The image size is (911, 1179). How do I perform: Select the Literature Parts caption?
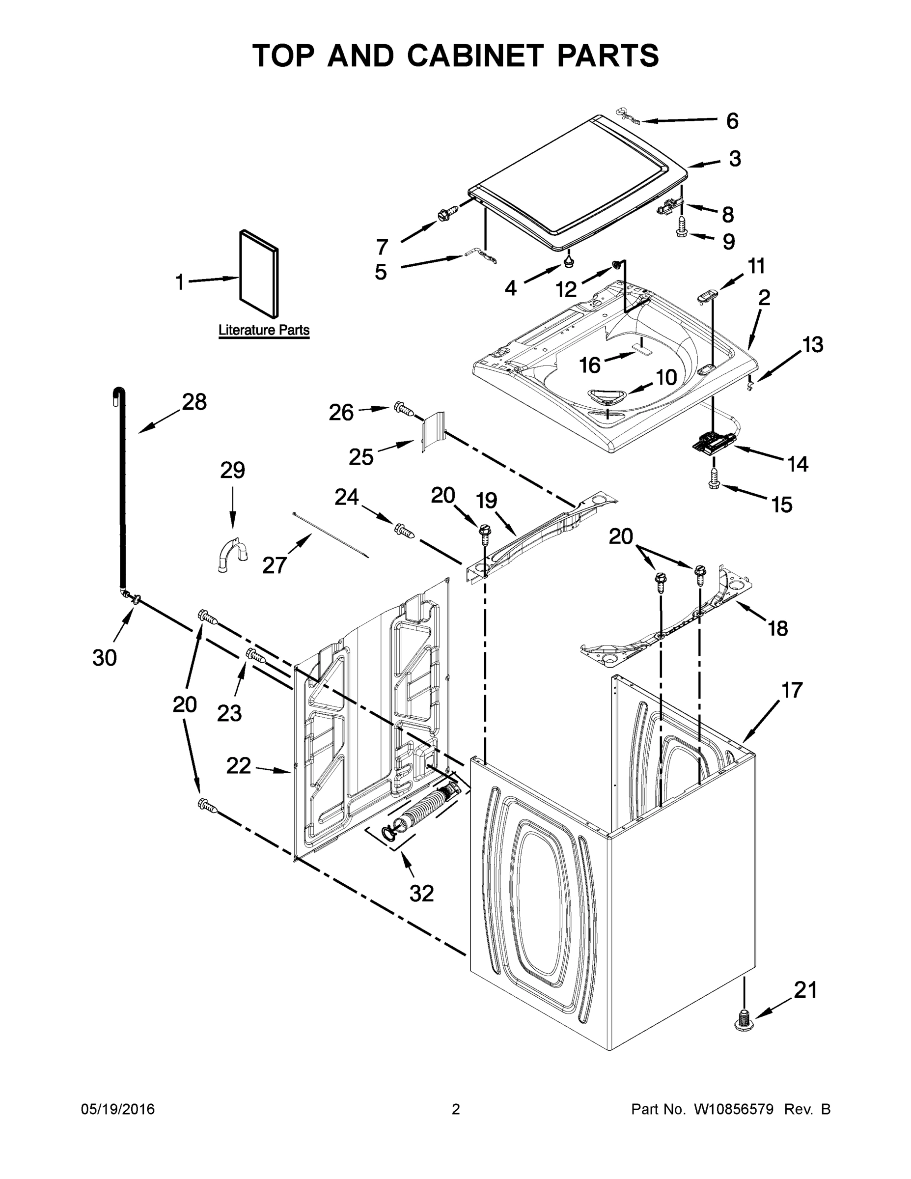point(264,330)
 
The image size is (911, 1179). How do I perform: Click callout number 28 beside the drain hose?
point(194,402)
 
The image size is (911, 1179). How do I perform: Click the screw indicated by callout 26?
point(403,409)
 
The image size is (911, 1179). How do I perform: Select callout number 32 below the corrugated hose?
point(421,894)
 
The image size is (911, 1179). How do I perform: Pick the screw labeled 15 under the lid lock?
point(714,479)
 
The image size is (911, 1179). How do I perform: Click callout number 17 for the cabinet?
point(792,690)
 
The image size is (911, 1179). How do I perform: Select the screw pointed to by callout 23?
point(256,655)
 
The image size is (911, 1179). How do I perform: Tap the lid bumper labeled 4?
point(568,261)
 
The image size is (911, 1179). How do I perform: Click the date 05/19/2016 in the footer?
point(118,1109)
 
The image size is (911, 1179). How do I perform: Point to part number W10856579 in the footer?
point(734,1109)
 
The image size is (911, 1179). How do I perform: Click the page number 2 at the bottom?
point(456,1109)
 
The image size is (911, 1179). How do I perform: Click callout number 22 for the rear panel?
point(239,765)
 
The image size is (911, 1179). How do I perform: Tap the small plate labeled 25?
point(433,430)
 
